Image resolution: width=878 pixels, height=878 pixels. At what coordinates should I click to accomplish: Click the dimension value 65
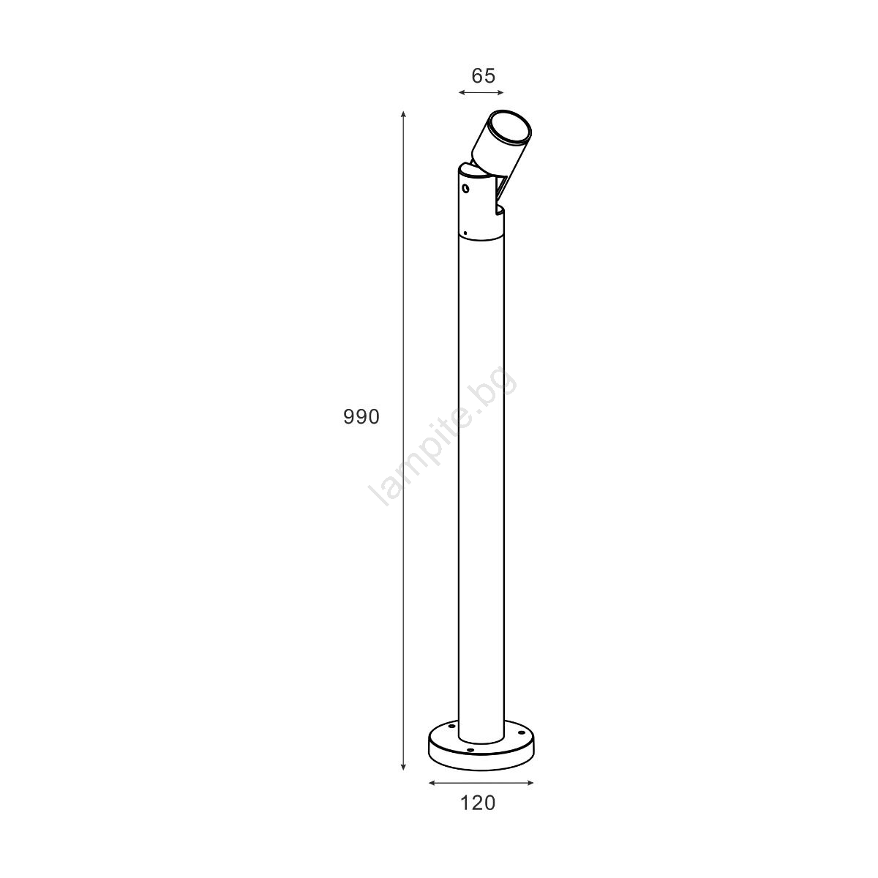483,75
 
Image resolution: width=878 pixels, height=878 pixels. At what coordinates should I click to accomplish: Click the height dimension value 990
361,417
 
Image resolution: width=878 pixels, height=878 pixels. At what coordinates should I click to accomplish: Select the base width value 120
478,803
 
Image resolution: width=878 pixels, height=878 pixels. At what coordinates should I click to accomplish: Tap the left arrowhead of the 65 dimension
462,92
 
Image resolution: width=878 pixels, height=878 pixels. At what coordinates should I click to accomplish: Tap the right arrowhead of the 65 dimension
500,92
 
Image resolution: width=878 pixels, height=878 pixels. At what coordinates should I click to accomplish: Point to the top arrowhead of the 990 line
403,114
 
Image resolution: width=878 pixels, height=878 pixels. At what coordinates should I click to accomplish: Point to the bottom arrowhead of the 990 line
403,767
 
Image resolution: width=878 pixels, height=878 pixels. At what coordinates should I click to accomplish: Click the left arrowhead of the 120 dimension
432,783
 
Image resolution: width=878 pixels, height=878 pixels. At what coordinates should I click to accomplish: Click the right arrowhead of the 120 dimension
530,783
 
